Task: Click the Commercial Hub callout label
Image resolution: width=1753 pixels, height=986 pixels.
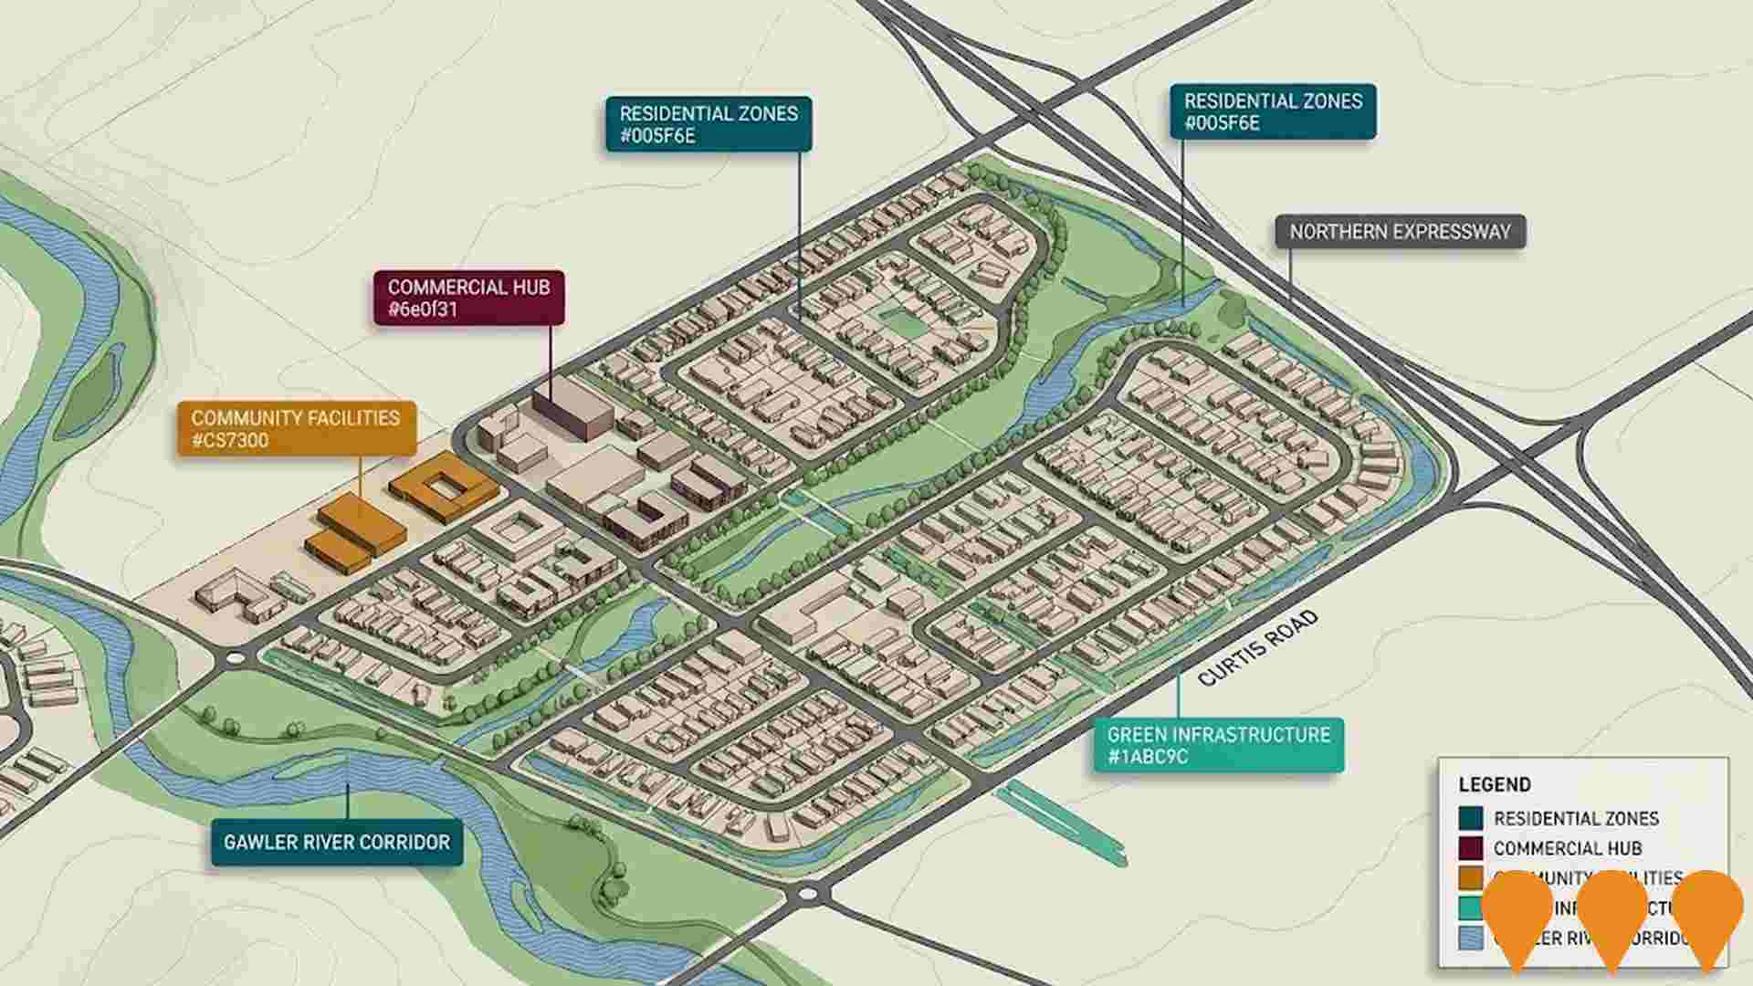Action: [x=468, y=298]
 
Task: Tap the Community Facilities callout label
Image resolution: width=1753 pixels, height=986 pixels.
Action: [x=296, y=429]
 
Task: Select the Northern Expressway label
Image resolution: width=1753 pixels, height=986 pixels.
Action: [x=1400, y=232]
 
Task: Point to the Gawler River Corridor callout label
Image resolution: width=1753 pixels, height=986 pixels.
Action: [x=337, y=842]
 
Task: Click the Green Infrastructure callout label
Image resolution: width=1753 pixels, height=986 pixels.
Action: [x=1218, y=745]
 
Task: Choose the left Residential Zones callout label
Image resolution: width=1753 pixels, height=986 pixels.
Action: [x=709, y=124]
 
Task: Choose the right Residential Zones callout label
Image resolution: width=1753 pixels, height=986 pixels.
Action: [x=1273, y=111]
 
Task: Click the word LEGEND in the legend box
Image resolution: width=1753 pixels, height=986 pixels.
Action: [x=1495, y=784]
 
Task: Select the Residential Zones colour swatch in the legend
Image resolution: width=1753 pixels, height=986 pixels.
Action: [x=1470, y=818]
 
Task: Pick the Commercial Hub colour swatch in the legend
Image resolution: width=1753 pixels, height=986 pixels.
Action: [x=1470, y=848]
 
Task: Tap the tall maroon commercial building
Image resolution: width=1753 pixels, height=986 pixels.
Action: [x=572, y=408]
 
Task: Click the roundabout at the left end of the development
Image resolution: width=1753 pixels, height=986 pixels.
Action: [x=236, y=657]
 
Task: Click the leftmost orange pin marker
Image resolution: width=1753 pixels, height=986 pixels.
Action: [x=1517, y=913]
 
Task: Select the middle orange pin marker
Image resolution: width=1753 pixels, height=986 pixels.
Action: [x=1612, y=913]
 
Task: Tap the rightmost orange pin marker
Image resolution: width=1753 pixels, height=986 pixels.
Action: [x=1706, y=913]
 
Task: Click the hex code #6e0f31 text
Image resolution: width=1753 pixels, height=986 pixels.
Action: [x=423, y=309]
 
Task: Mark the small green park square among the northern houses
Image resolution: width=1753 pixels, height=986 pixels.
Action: [x=899, y=320]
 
